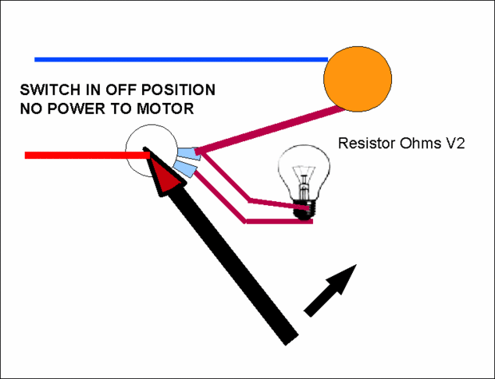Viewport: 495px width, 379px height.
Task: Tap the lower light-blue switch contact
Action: click(186, 168)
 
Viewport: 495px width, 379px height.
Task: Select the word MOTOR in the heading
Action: click(165, 108)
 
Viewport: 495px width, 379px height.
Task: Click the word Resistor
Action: click(366, 144)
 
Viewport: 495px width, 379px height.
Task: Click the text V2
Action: click(454, 144)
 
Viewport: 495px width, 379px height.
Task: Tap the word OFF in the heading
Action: click(114, 89)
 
